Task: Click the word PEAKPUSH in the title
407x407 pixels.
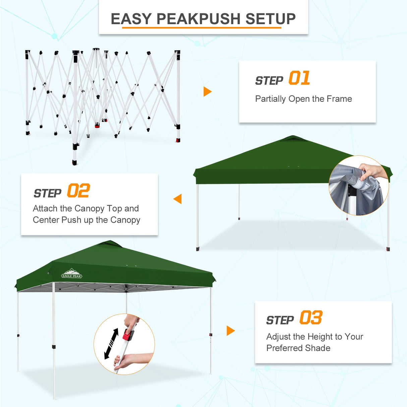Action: pyautogui.click(x=198, y=19)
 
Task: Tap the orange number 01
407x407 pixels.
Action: pyautogui.click(x=299, y=78)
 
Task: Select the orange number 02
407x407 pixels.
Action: pyautogui.click(x=78, y=191)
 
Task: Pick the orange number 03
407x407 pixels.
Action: pyautogui.click(x=311, y=318)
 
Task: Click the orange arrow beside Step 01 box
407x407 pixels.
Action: pyautogui.click(x=207, y=92)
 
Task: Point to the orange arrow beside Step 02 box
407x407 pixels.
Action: pyautogui.click(x=178, y=199)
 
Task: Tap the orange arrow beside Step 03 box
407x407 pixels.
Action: pyautogui.click(x=230, y=331)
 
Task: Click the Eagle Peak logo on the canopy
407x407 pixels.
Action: pyautogui.click(x=72, y=274)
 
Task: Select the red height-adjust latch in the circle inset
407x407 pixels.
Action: pyautogui.click(x=128, y=334)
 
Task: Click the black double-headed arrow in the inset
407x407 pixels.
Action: pyautogui.click(x=111, y=344)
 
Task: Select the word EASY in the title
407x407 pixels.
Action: pyautogui.click(x=131, y=19)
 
